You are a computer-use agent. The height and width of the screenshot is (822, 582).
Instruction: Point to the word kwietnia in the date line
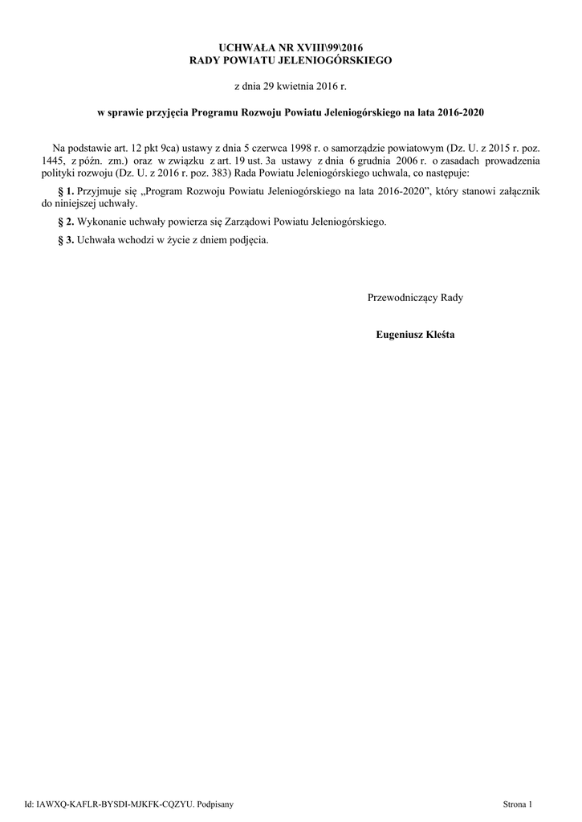(291, 84)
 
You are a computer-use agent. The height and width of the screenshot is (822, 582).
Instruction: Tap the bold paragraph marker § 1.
(67, 191)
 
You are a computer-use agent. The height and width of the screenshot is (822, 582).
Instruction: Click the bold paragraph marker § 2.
(67, 221)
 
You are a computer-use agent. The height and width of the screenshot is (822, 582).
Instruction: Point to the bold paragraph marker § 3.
(67, 240)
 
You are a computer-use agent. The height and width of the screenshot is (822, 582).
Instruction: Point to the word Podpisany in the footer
(214, 803)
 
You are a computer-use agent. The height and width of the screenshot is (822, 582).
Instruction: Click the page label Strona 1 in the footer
(517, 803)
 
